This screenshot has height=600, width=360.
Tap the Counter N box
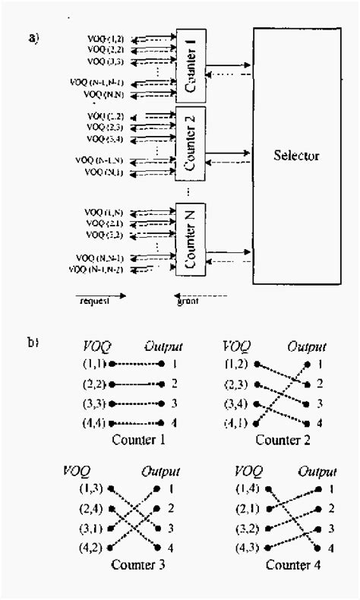pyautogui.click(x=191, y=241)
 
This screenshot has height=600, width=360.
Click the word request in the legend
pyautogui.click(x=95, y=302)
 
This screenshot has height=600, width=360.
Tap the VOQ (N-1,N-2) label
pyautogui.click(x=96, y=269)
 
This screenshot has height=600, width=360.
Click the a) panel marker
pyautogui.click(x=34, y=37)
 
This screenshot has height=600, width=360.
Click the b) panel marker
pyautogui.click(x=34, y=343)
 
